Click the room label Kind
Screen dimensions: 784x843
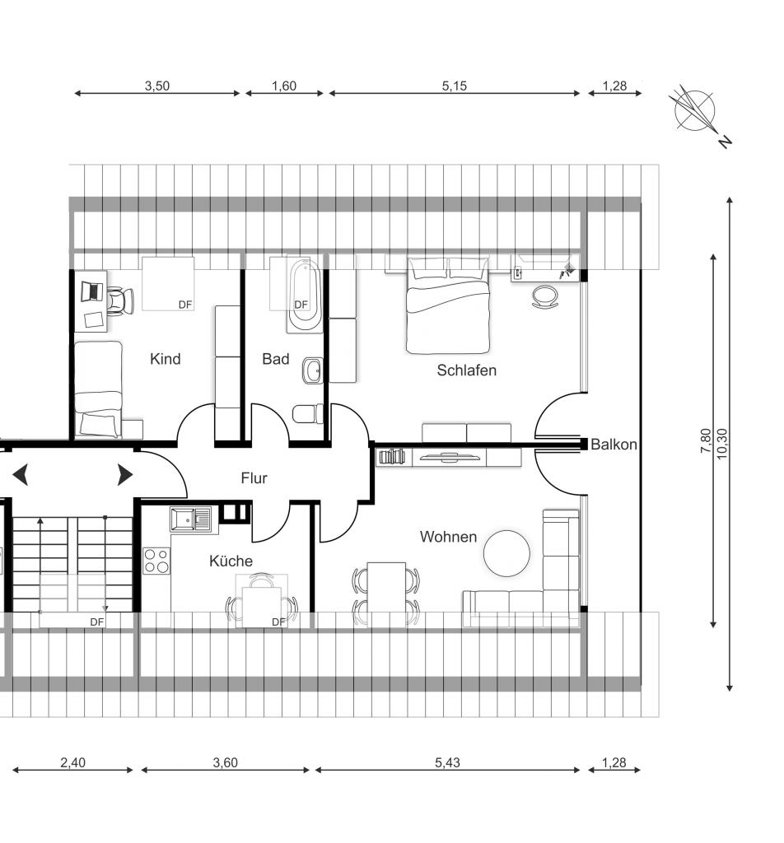click(x=165, y=359)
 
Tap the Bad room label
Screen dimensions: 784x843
click(x=275, y=359)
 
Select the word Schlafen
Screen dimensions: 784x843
click(x=466, y=370)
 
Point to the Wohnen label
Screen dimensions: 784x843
click(x=448, y=537)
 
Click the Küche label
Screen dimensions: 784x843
click(x=231, y=561)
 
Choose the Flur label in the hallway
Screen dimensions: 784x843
click(x=254, y=478)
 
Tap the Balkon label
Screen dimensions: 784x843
click(x=614, y=444)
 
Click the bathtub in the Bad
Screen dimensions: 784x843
click(x=305, y=296)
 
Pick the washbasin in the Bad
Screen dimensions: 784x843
click(x=313, y=370)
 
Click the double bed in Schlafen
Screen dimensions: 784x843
click(x=448, y=305)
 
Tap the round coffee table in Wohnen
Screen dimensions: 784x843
click(x=506, y=553)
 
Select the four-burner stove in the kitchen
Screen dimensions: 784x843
click(x=156, y=561)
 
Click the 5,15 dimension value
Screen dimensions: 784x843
click(x=455, y=86)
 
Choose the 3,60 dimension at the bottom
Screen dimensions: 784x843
click(x=225, y=762)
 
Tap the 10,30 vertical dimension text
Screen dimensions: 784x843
click(x=722, y=444)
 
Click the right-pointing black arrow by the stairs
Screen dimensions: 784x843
click(x=124, y=475)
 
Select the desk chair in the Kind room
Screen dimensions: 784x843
click(x=119, y=300)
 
